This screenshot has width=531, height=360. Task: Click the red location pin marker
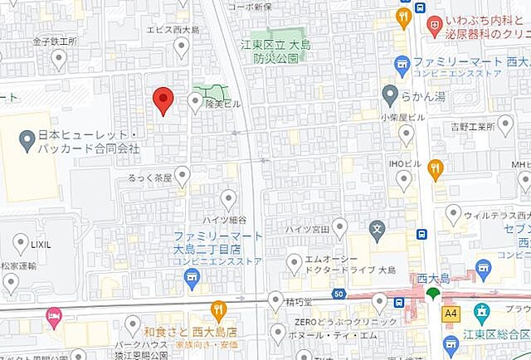163,100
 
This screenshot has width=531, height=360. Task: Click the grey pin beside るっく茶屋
182,175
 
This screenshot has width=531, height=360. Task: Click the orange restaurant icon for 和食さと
218,310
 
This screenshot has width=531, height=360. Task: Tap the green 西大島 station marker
432,294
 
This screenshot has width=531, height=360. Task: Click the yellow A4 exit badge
451,314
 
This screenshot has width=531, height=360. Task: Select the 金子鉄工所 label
55,40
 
